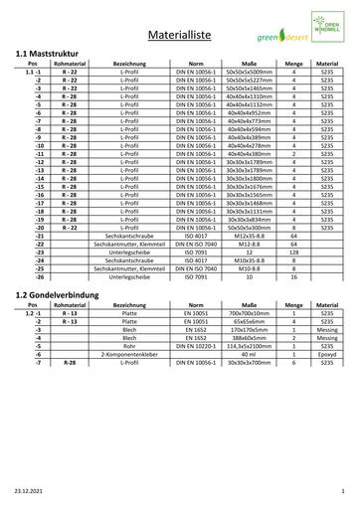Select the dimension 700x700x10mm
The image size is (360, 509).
(248, 339)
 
